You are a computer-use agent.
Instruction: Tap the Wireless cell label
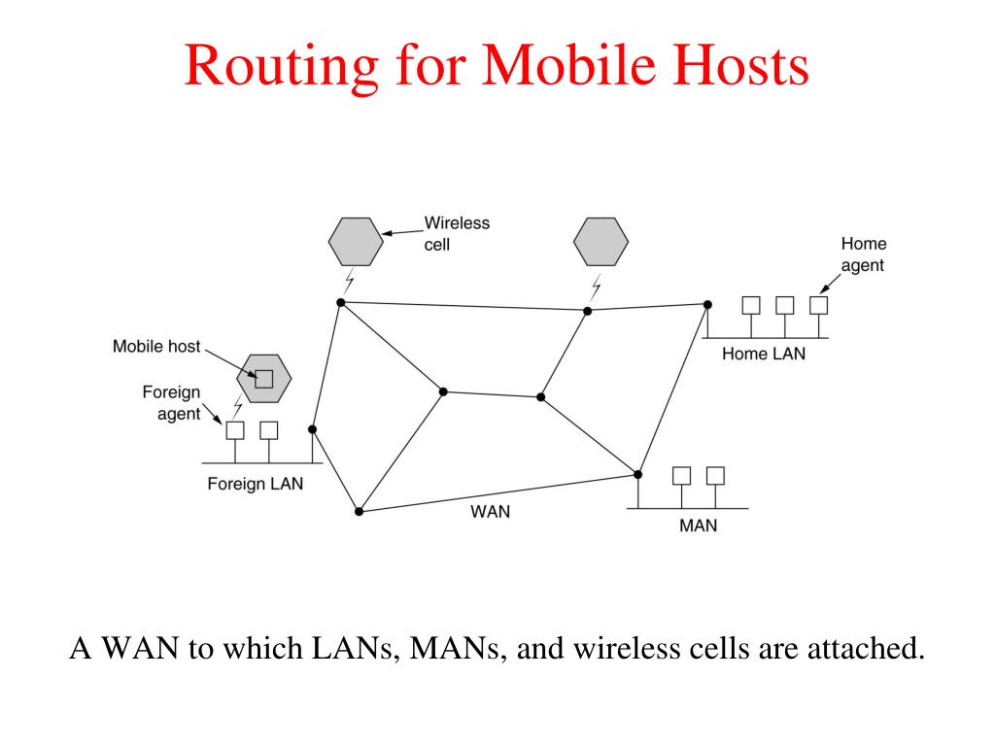pos(457,233)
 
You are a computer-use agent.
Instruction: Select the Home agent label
pos(863,254)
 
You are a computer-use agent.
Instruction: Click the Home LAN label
pos(763,355)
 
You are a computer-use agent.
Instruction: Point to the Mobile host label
pos(156,346)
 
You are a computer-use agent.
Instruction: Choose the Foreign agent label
pos(172,403)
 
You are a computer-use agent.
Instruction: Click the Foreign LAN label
pos(255,484)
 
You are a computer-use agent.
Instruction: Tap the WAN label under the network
pos(490,511)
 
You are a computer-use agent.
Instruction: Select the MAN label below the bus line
pos(698,526)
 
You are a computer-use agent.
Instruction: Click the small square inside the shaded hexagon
pos(263,379)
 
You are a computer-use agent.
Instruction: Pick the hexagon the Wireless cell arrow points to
pos(355,242)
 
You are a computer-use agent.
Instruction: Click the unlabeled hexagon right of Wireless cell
pos(600,242)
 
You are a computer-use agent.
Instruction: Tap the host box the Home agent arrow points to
pos(819,305)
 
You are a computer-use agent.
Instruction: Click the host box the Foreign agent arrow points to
pos(235,429)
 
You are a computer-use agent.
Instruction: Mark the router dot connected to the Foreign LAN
pos(312,428)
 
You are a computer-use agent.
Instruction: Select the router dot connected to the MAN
pos(638,474)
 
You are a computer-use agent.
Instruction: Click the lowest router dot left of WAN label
pos(360,511)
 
